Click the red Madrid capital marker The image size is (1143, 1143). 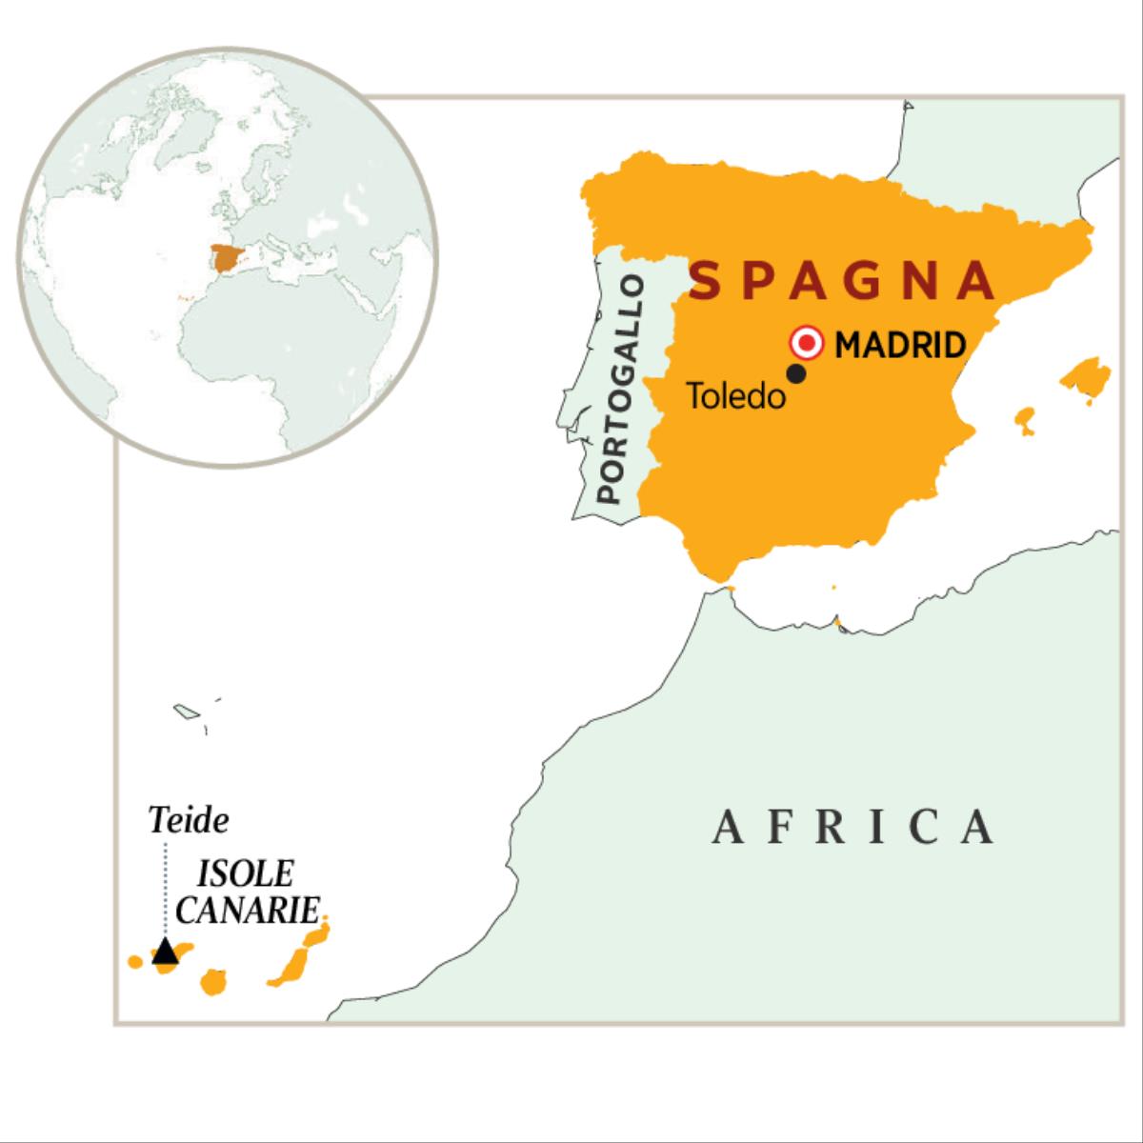(x=808, y=343)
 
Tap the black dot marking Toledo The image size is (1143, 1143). (x=797, y=374)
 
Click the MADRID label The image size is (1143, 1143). (x=900, y=344)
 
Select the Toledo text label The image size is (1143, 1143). (x=736, y=396)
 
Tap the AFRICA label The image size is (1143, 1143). (x=853, y=827)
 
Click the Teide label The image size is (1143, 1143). (x=190, y=819)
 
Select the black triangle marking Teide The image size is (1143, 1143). (x=166, y=951)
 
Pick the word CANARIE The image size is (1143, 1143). (x=247, y=910)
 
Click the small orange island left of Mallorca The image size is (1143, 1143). (x=1025, y=419)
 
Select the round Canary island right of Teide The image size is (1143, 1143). (x=212, y=981)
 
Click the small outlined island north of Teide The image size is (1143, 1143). (x=185, y=711)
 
